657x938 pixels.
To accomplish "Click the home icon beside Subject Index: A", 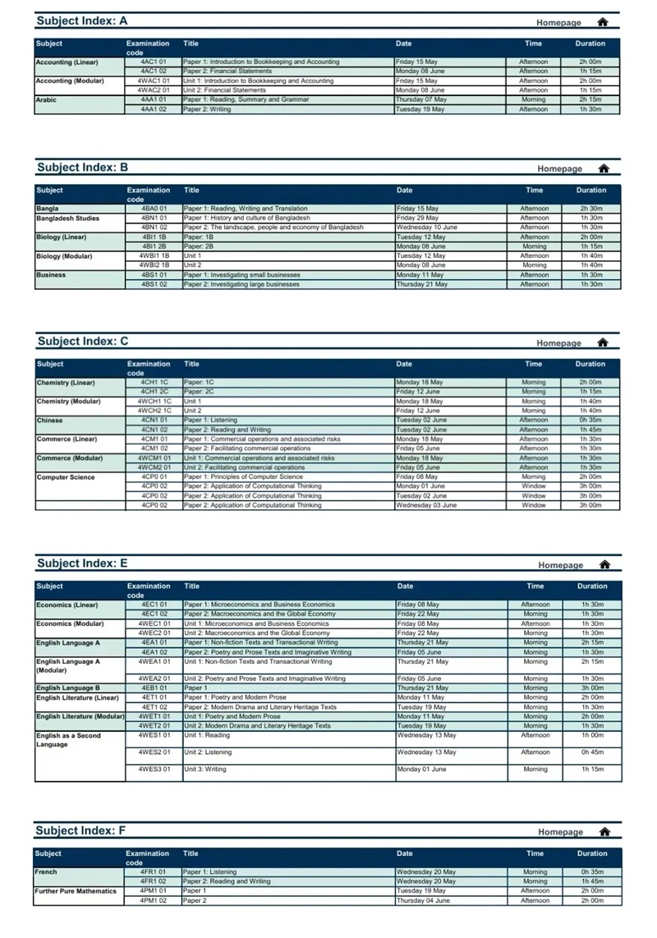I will [603, 22].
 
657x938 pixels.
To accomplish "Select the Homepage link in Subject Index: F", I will [560, 832].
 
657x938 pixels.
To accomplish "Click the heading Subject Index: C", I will [82, 342].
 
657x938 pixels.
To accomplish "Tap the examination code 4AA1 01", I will [153, 99].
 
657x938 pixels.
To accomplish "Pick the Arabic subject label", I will [46, 99].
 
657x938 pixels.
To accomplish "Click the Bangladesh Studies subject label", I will [67, 218].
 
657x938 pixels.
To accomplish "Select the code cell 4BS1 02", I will [154, 284].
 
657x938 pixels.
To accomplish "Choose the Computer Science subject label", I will [66, 477].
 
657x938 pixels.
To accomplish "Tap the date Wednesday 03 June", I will [426, 505].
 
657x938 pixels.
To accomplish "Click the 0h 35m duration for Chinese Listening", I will [590, 420].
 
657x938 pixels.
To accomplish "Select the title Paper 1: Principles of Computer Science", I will [243, 477].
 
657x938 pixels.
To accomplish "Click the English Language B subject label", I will [68, 688].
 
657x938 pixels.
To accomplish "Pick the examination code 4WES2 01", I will [154, 752].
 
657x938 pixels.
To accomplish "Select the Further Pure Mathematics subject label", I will [76, 891].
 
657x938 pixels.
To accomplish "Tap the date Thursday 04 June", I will [423, 901].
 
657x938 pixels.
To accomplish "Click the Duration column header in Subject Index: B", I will [591, 191].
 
